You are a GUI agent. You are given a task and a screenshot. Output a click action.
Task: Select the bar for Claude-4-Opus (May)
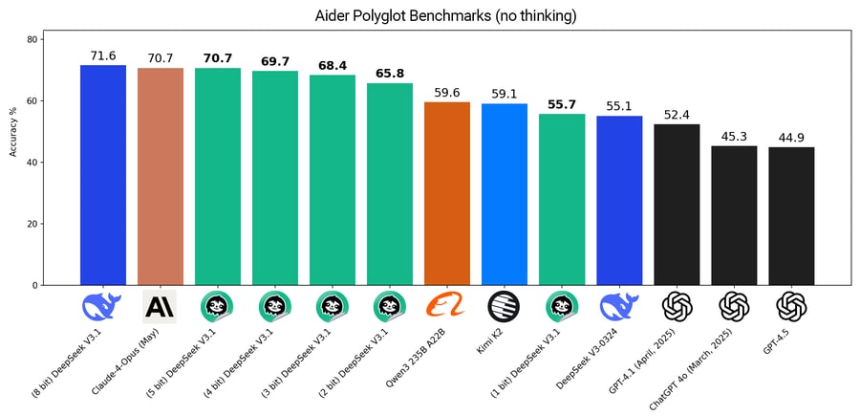tap(161, 177)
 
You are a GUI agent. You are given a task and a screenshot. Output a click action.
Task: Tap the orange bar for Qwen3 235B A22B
tap(447, 194)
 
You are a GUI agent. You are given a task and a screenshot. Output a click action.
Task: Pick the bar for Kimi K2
tap(505, 194)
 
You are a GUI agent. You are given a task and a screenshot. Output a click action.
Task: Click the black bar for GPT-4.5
tap(791, 216)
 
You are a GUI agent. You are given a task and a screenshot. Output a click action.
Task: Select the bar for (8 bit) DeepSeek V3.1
tap(103, 175)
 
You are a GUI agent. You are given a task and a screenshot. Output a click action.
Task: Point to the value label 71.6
tap(103, 55)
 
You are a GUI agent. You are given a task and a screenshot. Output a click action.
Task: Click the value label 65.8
tap(390, 73)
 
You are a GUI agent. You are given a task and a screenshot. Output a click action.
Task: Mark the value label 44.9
tap(791, 138)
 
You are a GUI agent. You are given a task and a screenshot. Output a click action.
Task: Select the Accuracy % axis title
tap(12, 131)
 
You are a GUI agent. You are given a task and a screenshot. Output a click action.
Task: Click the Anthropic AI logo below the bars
tap(160, 306)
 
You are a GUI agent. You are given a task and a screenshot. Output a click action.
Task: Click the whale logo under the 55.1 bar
tap(619, 306)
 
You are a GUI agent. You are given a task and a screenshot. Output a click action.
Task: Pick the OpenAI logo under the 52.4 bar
tap(677, 307)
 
